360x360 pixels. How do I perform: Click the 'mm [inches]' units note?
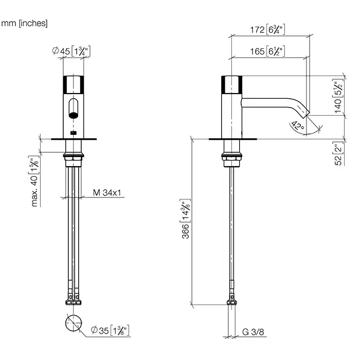click(24, 23)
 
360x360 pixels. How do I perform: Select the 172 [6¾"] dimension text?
click(267, 30)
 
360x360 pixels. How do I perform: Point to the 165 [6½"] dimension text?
click(267, 51)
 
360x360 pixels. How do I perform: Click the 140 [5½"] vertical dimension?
click(338, 96)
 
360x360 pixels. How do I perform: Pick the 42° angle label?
click(298, 126)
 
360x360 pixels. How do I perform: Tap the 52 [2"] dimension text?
click(338, 153)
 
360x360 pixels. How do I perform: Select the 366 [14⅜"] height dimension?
click(185, 219)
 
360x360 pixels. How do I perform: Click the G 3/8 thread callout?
click(253, 332)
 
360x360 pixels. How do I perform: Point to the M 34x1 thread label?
click(107, 193)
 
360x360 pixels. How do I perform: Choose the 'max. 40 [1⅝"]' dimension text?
click(34, 182)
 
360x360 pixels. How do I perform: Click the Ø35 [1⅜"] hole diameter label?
click(110, 330)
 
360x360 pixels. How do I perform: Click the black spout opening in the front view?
click(74, 115)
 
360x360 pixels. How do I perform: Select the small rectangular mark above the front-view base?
click(74, 133)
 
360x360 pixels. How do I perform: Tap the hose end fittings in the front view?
click(74, 299)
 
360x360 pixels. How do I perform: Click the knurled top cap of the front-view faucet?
click(74, 84)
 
